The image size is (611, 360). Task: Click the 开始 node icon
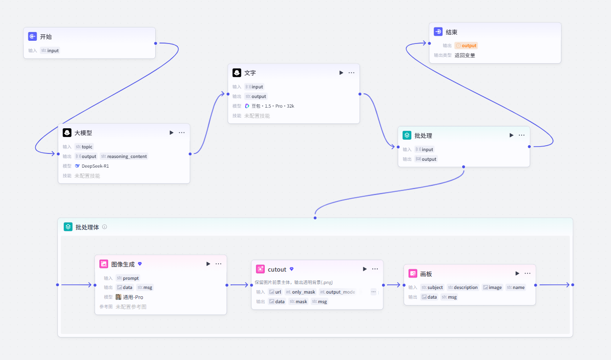tap(33, 36)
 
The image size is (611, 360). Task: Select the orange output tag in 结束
tap(466, 45)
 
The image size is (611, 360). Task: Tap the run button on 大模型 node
tap(171, 132)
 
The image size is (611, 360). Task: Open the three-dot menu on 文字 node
tap(351, 73)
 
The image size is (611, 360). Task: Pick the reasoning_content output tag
tap(124, 156)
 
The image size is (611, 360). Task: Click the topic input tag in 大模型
tap(84, 147)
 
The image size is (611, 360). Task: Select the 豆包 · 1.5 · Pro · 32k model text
tap(273, 106)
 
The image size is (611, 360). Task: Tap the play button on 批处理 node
tap(512, 135)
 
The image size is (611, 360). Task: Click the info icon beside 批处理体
tap(104, 227)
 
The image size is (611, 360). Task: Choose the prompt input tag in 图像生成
tap(128, 278)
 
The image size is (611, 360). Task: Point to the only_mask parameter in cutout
tap(300, 292)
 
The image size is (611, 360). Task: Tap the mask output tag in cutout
tap(299, 301)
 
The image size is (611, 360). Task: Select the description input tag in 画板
tap(463, 287)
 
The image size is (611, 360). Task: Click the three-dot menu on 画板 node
tap(528, 273)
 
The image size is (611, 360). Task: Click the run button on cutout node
tap(365, 269)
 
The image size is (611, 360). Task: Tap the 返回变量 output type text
tap(465, 55)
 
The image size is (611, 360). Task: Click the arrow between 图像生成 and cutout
tap(239, 285)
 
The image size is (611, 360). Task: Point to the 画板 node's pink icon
tap(413, 273)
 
